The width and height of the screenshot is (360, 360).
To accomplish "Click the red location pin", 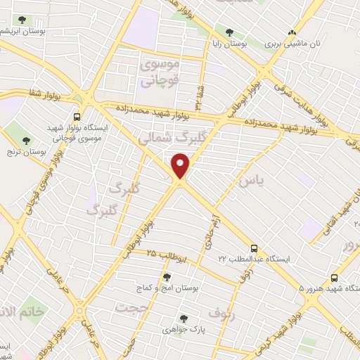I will (x=181, y=166).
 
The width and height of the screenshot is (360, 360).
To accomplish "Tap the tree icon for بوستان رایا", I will (x=229, y=32).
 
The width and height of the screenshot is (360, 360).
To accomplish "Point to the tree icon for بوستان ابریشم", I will (x=22, y=20).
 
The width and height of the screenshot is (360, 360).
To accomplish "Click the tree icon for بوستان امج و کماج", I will (x=167, y=276).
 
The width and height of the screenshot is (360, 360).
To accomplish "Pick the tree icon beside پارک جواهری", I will (x=184, y=318).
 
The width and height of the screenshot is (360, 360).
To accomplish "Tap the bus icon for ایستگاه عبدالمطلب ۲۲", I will (x=255, y=248).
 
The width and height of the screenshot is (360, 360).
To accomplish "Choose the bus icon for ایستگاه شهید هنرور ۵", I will (x=334, y=277).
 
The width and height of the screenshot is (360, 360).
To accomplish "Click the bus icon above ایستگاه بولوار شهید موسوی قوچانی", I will (x=77, y=117).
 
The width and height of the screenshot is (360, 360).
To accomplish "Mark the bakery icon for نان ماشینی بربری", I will (x=292, y=32).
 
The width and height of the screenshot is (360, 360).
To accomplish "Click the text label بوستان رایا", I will (x=229, y=44).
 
